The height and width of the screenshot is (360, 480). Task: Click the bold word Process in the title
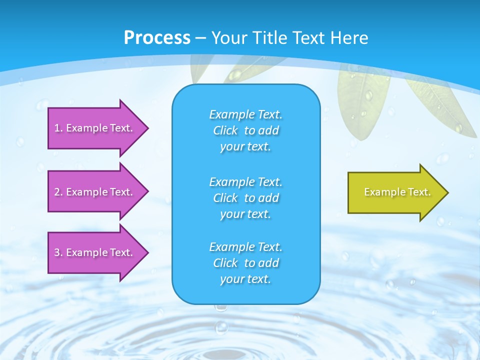[x=157, y=38]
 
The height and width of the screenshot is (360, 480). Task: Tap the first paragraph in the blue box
[x=245, y=130]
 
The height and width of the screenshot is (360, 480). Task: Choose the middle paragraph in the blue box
[x=245, y=198]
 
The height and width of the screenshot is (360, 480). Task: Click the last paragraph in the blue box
[x=245, y=263]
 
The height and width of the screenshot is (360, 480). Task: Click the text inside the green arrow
[x=397, y=192]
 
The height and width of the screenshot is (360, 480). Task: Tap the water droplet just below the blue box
[x=221, y=327]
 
